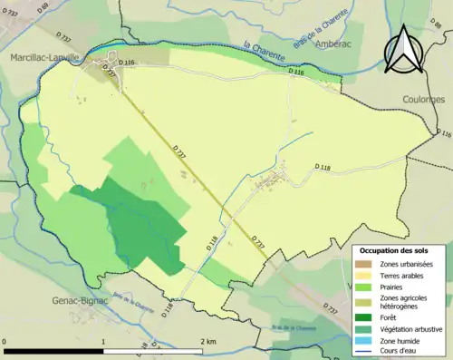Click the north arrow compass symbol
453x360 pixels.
[403, 50]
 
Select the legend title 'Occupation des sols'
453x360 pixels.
[395, 249]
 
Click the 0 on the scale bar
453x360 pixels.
[5, 341]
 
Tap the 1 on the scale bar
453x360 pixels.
[103, 341]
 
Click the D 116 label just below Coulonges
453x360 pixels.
[442, 134]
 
